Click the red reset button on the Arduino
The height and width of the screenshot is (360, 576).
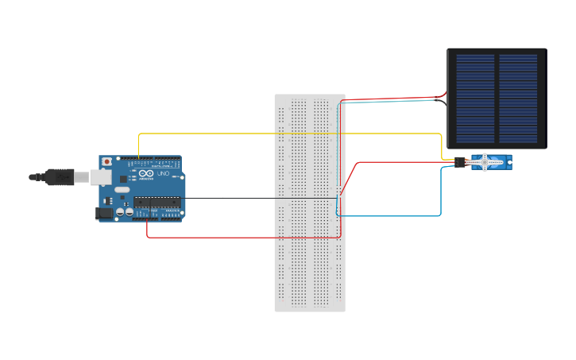click(x=106, y=162)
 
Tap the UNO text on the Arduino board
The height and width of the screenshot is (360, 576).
click(x=163, y=173)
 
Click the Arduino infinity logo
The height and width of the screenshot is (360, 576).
click(x=145, y=173)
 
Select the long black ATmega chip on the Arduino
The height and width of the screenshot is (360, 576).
click(x=157, y=201)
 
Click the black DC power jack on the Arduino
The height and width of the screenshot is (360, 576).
click(x=102, y=212)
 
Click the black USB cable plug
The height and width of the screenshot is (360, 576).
click(x=60, y=177)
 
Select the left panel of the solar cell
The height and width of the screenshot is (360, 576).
click(x=475, y=97)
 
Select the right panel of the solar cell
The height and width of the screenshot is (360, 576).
click(x=518, y=97)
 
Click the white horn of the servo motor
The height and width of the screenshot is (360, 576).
click(x=485, y=163)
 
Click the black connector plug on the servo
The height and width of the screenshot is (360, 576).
click(x=460, y=162)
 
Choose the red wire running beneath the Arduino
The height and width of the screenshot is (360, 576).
click(x=238, y=237)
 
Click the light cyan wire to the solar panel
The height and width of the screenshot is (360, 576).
click(x=389, y=102)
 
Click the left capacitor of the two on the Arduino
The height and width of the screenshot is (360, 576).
click(x=120, y=212)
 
